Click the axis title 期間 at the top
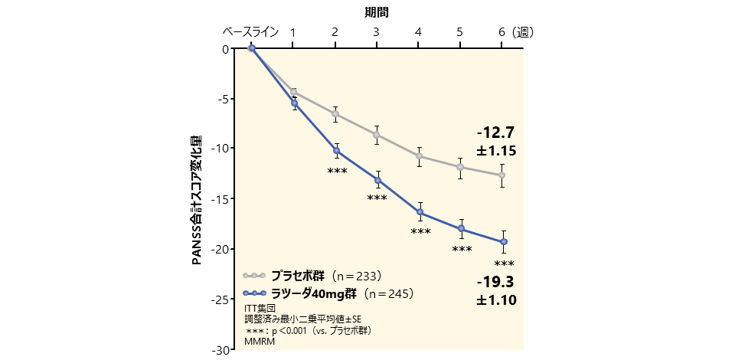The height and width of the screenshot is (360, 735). point(376,12)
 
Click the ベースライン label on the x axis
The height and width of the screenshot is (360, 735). point(251,32)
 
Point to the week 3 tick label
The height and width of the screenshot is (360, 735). point(376,32)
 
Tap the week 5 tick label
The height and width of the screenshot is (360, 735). point(459,32)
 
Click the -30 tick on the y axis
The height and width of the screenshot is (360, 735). point(220,349)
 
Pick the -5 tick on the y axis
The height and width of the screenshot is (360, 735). point(222,99)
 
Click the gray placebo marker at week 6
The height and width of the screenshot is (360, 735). point(501,175)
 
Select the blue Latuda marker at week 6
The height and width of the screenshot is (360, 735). point(503,242)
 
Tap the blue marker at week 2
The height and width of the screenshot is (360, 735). point(336,151)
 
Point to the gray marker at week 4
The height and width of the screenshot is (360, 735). point(419,156)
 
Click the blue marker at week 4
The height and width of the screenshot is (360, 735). point(420,213)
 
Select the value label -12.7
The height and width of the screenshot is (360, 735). point(495,133)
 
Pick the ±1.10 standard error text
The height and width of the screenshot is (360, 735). point(495,301)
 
